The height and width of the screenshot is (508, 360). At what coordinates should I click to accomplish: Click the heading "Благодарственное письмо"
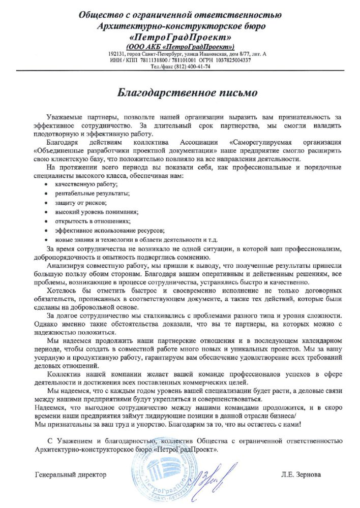pos(179,93)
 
